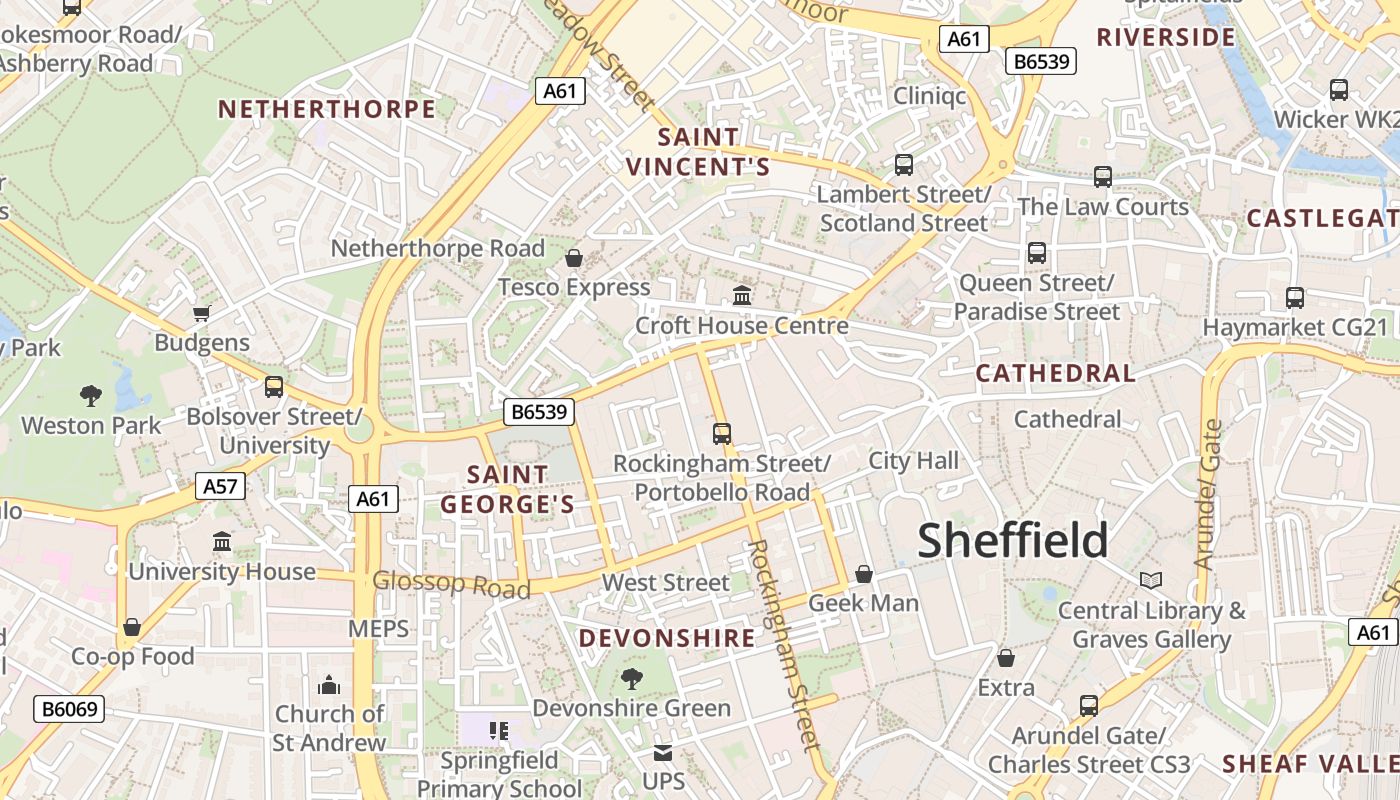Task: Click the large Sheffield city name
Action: pyautogui.click(x=1012, y=541)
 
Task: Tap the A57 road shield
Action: pyautogui.click(x=220, y=487)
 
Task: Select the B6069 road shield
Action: pyautogui.click(x=69, y=710)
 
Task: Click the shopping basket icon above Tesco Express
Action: pyautogui.click(x=574, y=259)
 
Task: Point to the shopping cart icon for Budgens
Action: pyautogui.click(x=201, y=314)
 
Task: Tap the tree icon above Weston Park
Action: pyautogui.click(x=91, y=396)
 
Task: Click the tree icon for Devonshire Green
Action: pyautogui.click(x=631, y=680)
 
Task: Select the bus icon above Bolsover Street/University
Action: pyautogui.click(x=273, y=387)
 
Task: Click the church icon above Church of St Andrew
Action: pyautogui.click(x=329, y=686)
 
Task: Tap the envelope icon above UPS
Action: pyautogui.click(x=663, y=753)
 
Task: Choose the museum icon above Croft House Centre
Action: pyautogui.click(x=742, y=296)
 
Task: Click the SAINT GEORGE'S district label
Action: pyautogui.click(x=508, y=489)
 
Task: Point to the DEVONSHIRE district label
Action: pyautogui.click(x=667, y=638)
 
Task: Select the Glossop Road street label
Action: pyautogui.click(x=451, y=584)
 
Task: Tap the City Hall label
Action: pyautogui.click(x=913, y=461)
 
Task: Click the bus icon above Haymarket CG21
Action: pyautogui.click(x=1295, y=298)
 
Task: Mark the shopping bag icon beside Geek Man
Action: pyautogui.click(x=864, y=574)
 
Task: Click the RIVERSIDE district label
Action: pyautogui.click(x=1166, y=38)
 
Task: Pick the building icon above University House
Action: pyautogui.click(x=222, y=542)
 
